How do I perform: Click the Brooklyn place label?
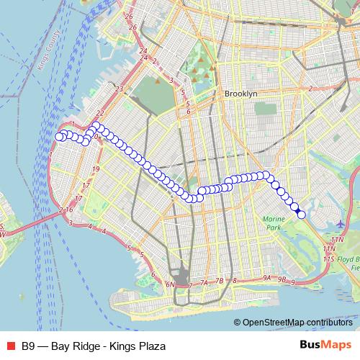point(240,94)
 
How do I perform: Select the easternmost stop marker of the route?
point(301,214)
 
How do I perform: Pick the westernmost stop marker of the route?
point(60,137)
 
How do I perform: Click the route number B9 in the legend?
point(28,346)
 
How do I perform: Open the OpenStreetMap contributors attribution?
point(297,323)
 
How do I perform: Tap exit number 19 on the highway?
point(96,168)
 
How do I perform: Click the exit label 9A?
point(268,277)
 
